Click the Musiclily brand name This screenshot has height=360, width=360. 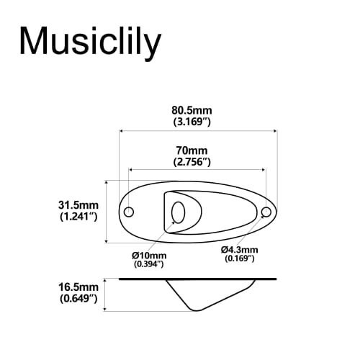point(89,41)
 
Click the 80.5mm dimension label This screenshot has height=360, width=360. point(191,110)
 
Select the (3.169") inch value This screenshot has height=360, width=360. point(191,122)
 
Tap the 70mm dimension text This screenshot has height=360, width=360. point(191,150)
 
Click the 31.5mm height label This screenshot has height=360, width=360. point(78,204)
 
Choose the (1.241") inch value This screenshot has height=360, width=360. point(78,216)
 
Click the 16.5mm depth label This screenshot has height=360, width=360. point(78,287)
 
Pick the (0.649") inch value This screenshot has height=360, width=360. point(78,298)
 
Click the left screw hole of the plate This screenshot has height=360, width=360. point(130,212)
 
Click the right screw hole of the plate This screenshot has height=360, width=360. point(266,212)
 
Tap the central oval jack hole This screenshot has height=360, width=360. point(178,213)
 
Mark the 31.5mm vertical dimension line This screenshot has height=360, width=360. point(107,211)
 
